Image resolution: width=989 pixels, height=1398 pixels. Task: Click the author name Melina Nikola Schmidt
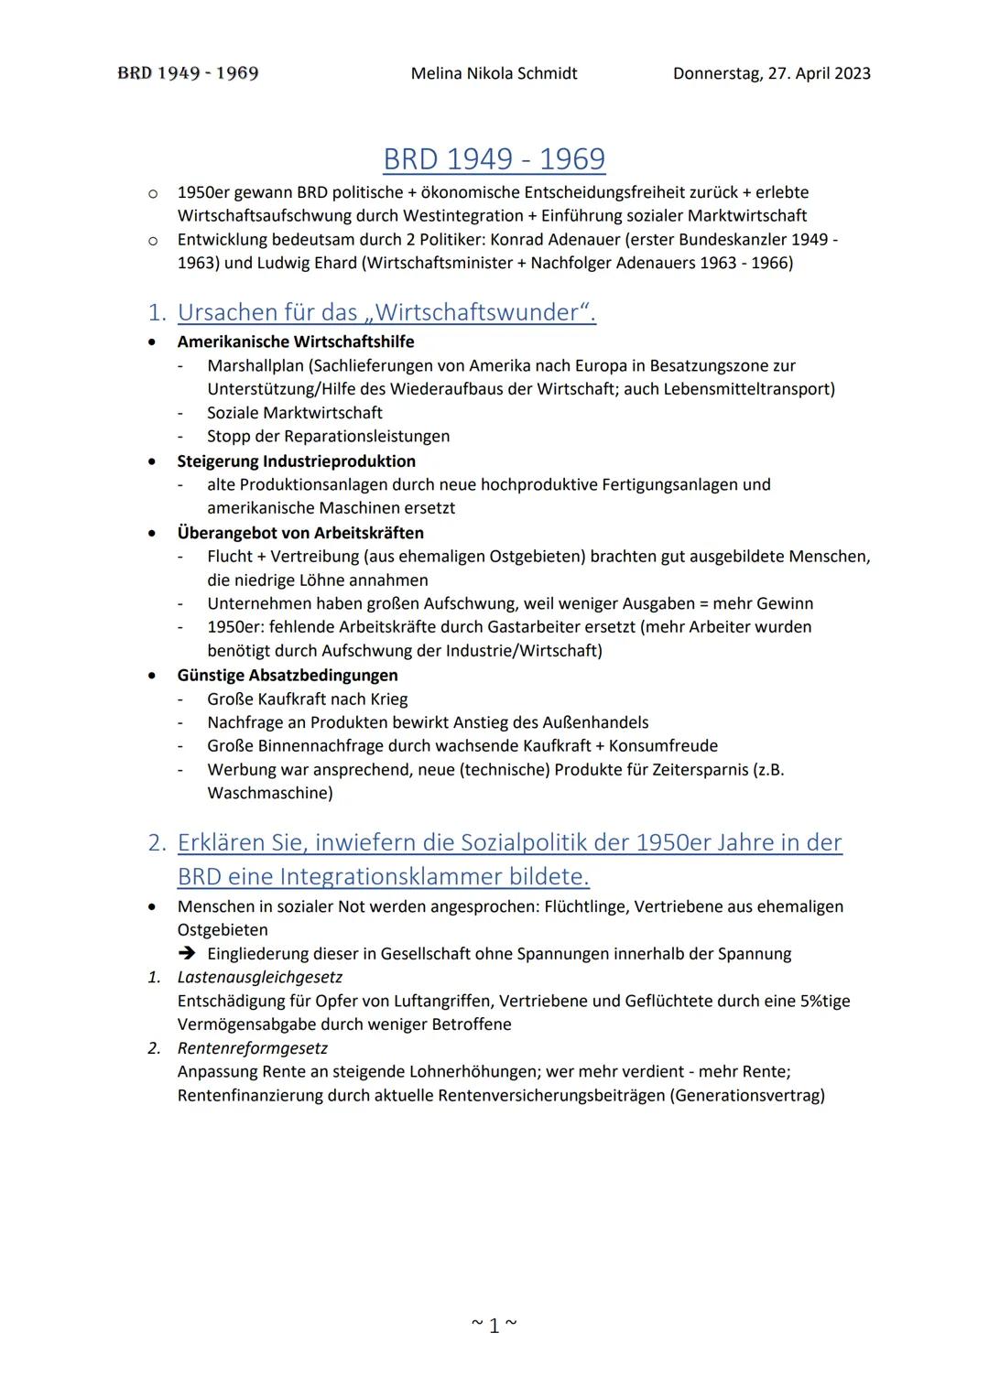tap(494, 73)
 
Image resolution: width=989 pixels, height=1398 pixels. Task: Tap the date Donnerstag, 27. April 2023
tap(771, 73)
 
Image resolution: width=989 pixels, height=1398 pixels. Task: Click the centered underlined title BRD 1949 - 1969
tap(494, 159)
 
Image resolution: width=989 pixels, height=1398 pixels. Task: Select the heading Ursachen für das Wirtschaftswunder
tap(386, 312)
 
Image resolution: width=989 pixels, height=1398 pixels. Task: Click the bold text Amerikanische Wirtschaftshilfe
tap(295, 341)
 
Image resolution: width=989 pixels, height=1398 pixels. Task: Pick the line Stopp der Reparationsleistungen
tap(328, 436)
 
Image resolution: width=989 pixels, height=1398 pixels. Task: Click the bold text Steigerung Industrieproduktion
tap(296, 461)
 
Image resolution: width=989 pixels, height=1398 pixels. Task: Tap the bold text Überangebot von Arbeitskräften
tap(299, 532)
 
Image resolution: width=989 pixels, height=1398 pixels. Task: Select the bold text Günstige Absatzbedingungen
tap(287, 675)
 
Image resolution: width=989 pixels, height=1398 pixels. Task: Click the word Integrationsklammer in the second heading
tap(386, 876)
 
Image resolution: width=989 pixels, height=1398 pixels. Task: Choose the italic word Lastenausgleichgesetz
tap(259, 977)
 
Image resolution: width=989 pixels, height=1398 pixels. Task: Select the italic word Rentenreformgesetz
tap(252, 1047)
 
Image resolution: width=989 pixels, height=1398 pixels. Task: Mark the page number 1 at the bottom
tap(494, 1325)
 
